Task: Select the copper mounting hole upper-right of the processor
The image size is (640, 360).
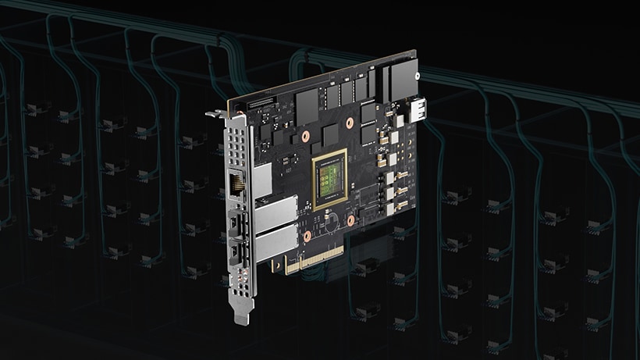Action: pos(351,123)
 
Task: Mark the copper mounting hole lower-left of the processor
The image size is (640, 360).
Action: pos(307,234)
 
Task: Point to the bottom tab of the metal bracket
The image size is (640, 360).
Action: pos(242,314)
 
